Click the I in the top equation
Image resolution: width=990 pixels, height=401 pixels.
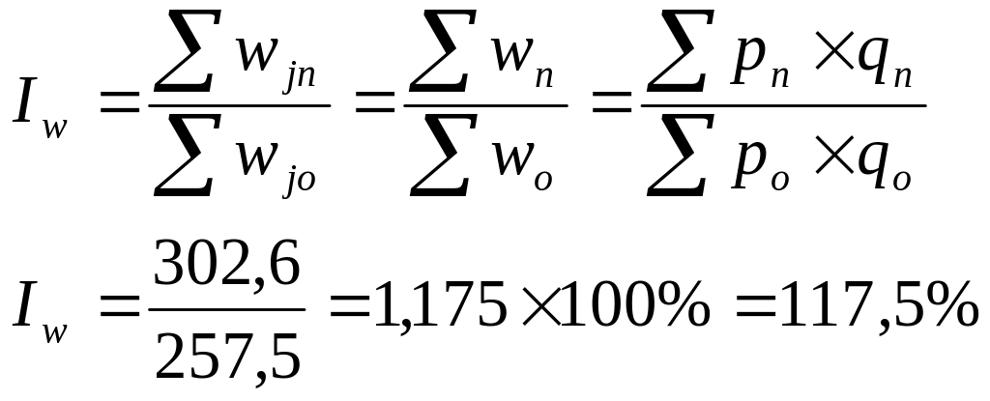tap(25, 105)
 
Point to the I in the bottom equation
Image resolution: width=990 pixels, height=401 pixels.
tap(25, 306)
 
